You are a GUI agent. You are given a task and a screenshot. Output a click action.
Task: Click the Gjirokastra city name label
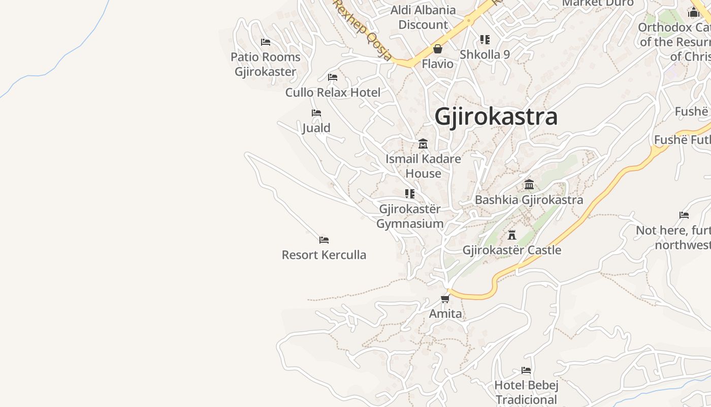point(496,117)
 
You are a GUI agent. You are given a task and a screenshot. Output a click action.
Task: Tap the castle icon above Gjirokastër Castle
point(512,235)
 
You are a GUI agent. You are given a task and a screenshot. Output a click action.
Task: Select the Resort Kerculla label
point(324,255)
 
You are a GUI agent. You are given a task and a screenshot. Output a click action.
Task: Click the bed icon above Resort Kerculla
point(324,240)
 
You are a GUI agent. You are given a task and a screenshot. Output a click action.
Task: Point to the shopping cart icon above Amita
point(445,299)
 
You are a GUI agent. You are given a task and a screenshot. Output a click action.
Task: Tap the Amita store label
point(445,313)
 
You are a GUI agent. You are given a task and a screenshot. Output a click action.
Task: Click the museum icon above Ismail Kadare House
point(423,144)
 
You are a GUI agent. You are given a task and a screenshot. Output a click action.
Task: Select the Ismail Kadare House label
point(423,166)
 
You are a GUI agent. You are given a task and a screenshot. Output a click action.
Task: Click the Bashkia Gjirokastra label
point(529,200)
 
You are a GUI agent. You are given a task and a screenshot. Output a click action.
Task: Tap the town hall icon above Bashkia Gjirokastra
point(529,184)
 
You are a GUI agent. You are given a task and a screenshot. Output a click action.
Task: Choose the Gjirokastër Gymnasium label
point(410,216)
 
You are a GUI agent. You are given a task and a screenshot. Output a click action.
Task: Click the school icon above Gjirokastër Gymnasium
point(410,194)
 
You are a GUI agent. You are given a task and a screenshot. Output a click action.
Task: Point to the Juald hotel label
point(316,128)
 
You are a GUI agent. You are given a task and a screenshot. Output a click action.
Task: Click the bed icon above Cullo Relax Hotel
point(333,77)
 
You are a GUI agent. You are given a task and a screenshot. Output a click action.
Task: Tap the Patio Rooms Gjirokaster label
point(266,64)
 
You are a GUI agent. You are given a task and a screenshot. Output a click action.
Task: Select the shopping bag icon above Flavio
point(438,49)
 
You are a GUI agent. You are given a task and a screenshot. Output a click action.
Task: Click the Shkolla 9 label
point(484,54)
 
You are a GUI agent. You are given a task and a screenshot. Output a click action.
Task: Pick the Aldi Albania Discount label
point(423,17)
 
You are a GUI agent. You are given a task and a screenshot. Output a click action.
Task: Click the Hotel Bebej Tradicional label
point(526,392)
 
